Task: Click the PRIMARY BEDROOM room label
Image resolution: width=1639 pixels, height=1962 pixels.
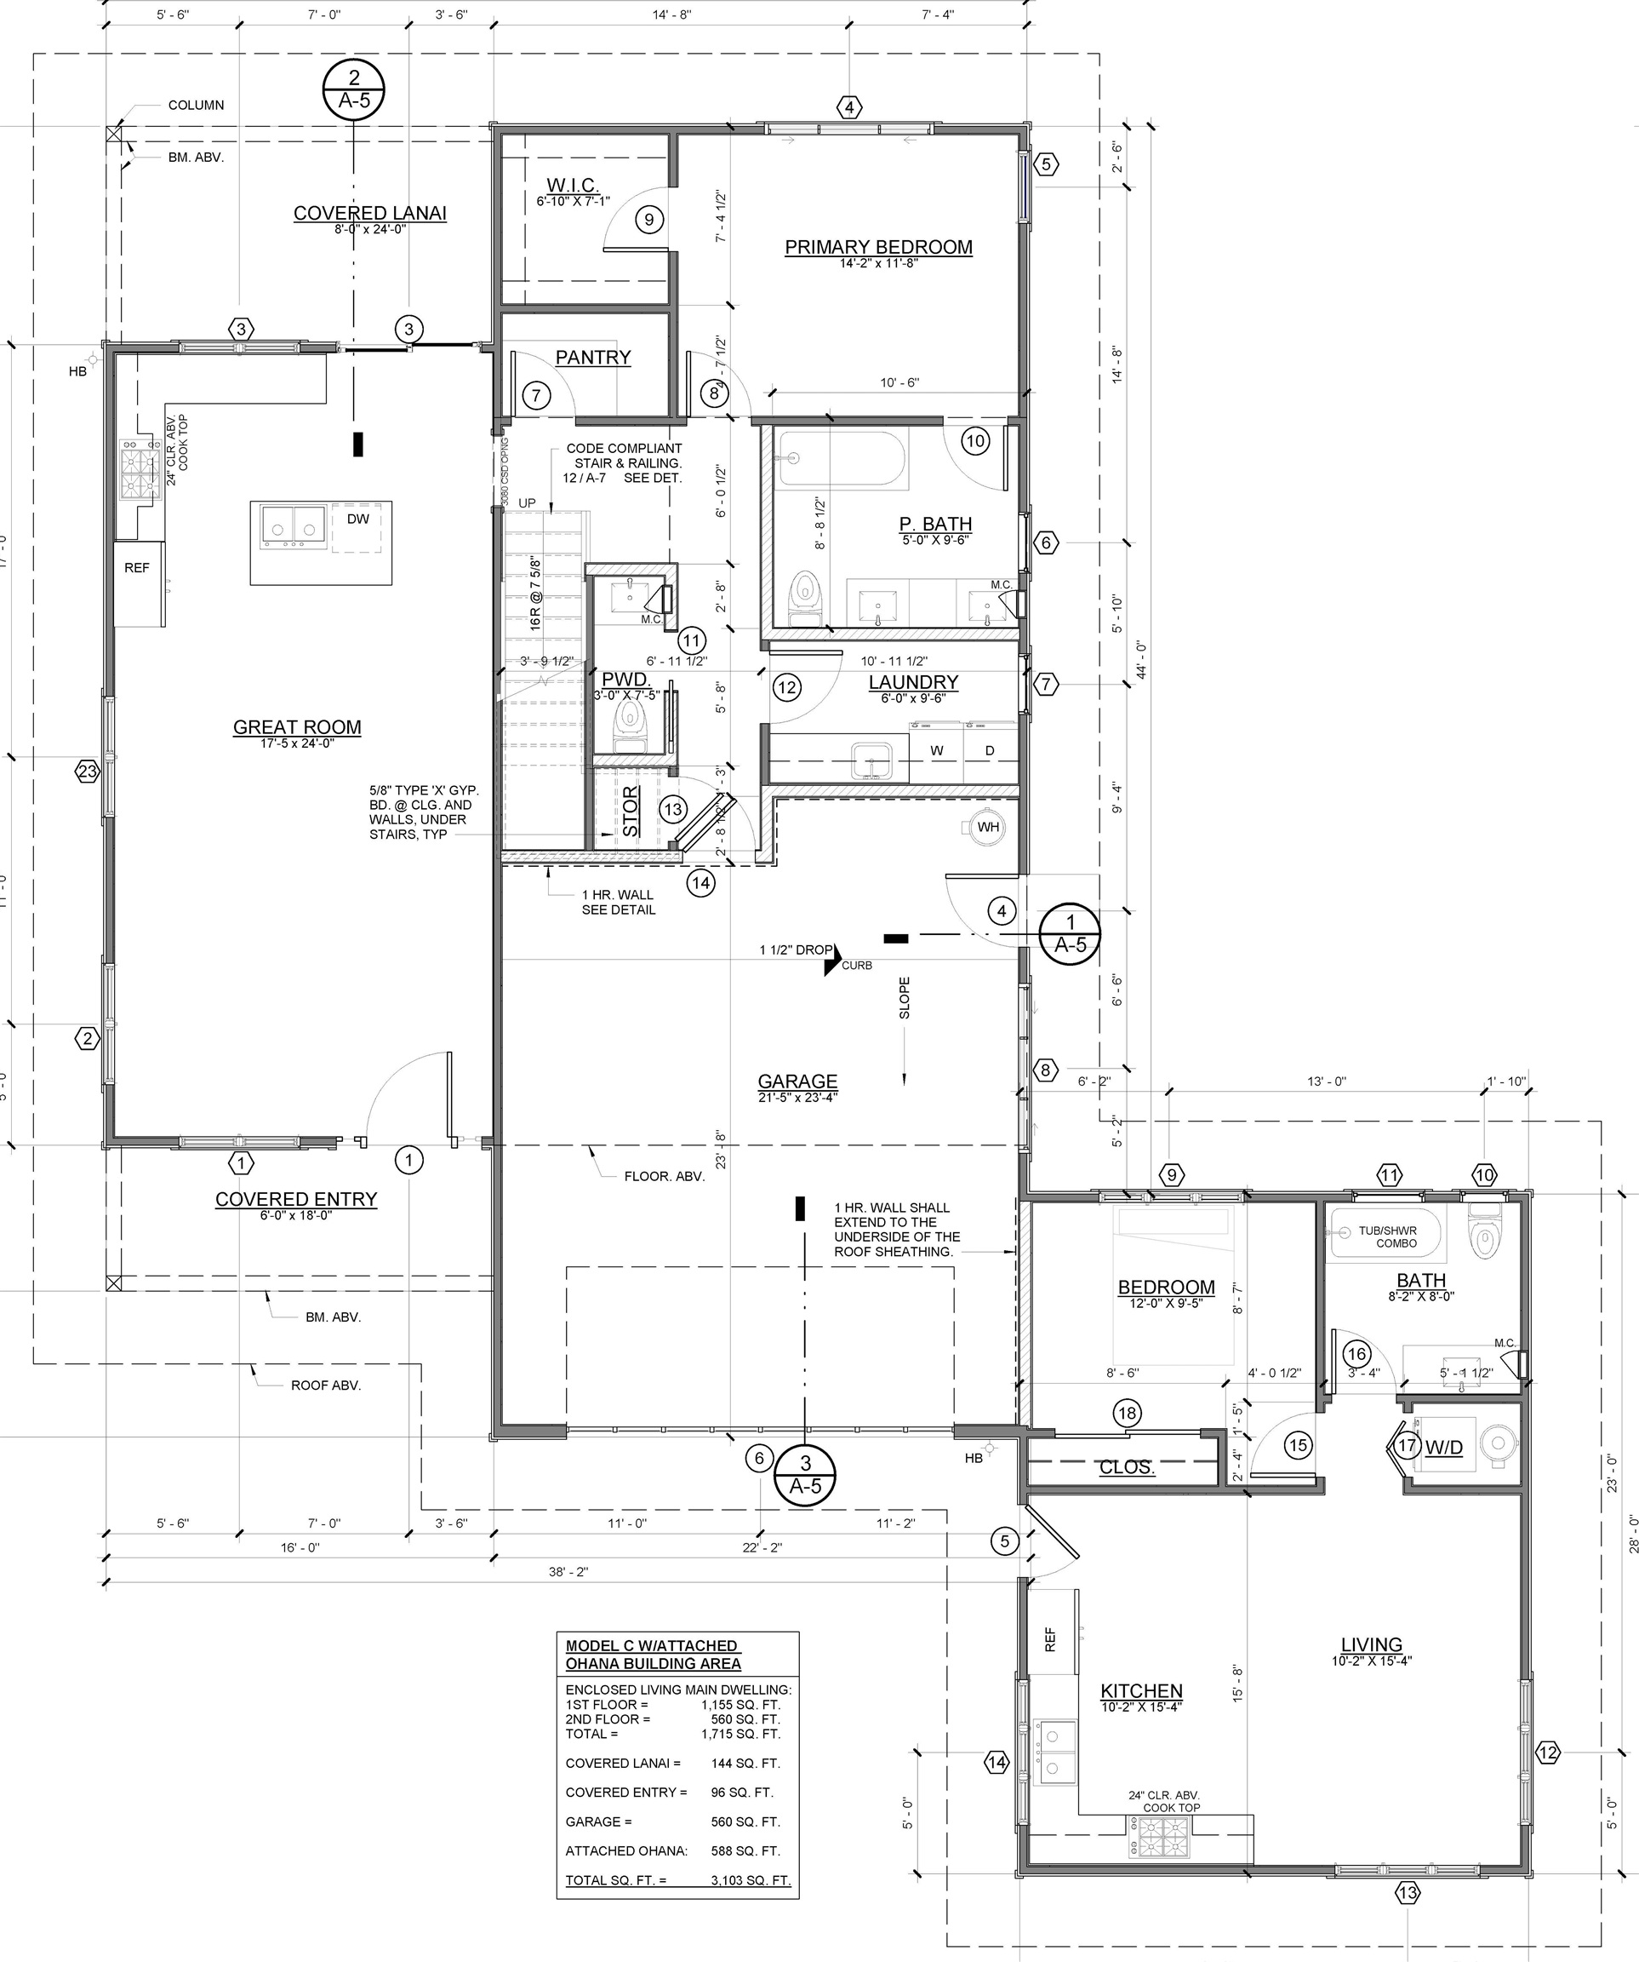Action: tap(878, 248)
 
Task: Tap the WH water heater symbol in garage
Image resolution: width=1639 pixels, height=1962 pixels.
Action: tap(987, 827)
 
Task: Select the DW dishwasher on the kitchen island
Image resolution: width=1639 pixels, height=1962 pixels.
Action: tap(357, 519)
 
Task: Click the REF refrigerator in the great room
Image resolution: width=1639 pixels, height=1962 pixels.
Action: tap(137, 568)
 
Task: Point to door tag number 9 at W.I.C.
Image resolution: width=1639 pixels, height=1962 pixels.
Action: tap(649, 220)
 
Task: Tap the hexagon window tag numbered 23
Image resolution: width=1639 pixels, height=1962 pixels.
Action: tap(87, 772)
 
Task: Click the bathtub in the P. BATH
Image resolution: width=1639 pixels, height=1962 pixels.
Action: tap(842, 459)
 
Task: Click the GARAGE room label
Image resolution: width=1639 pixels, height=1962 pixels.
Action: tap(797, 1081)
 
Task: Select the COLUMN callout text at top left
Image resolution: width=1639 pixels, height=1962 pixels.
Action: tap(195, 106)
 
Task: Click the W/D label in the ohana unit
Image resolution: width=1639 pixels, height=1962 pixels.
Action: tap(1443, 1449)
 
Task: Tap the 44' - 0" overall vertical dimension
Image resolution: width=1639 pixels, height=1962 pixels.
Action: tap(1140, 658)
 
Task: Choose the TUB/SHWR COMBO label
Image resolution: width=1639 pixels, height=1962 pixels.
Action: tap(1387, 1236)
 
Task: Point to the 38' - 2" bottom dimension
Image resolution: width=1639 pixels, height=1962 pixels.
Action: tap(568, 1571)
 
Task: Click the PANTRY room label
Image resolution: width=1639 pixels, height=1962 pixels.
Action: tap(593, 358)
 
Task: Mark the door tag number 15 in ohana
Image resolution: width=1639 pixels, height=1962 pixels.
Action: tap(1298, 1445)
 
